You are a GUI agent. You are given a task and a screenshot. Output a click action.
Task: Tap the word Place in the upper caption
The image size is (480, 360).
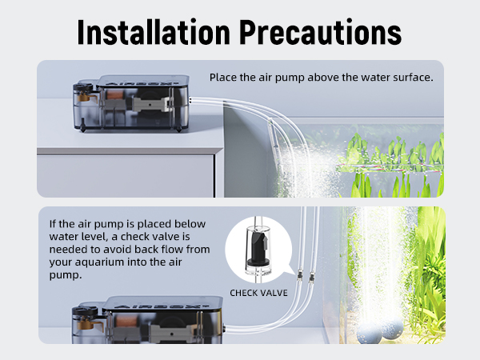222,78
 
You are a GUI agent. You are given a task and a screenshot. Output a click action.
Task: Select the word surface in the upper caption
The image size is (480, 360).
413,78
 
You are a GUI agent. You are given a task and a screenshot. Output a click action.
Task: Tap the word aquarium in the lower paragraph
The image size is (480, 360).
124,261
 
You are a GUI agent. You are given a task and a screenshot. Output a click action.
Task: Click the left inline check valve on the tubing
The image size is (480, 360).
292,275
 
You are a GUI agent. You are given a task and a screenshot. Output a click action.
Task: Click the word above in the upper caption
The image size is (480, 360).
313,78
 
